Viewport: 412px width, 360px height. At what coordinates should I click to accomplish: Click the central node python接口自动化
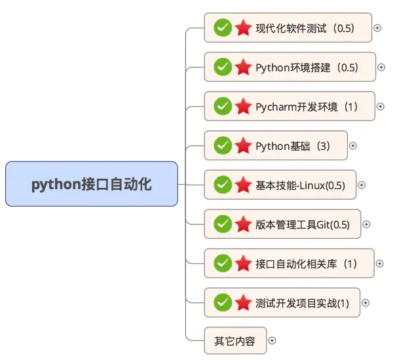[92, 184]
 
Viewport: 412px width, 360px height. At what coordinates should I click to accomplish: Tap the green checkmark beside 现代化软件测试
[223, 27]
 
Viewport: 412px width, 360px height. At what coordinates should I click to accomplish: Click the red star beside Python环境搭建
[244, 67]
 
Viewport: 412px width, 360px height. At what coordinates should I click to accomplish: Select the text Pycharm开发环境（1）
[307, 106]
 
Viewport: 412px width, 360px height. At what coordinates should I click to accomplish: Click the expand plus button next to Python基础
[353, 145]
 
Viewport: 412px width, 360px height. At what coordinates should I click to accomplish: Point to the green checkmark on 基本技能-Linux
[223, 185]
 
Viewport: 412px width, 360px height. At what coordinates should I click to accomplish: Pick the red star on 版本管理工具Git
[244, 225]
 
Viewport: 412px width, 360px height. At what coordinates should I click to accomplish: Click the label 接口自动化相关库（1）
[307, 264]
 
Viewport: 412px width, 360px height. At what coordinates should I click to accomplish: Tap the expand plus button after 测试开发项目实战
[365, 303]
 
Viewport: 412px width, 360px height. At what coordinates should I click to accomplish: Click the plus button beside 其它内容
[272, 340]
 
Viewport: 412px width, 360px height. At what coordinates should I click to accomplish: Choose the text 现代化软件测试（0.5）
[305, 28]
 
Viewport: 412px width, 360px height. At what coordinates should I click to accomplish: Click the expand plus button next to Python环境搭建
[381, 67]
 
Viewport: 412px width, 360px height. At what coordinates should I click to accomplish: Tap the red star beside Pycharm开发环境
[244, 106]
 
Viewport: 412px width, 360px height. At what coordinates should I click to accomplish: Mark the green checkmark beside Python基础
[223, 145]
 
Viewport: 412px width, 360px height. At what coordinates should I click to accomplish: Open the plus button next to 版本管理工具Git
[366, 225]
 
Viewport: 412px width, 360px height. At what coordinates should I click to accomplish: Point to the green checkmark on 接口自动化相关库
[223, 263]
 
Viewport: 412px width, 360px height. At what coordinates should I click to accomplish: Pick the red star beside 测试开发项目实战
[244, 303]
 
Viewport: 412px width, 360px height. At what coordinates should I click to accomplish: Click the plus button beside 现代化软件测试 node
[377, 27]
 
